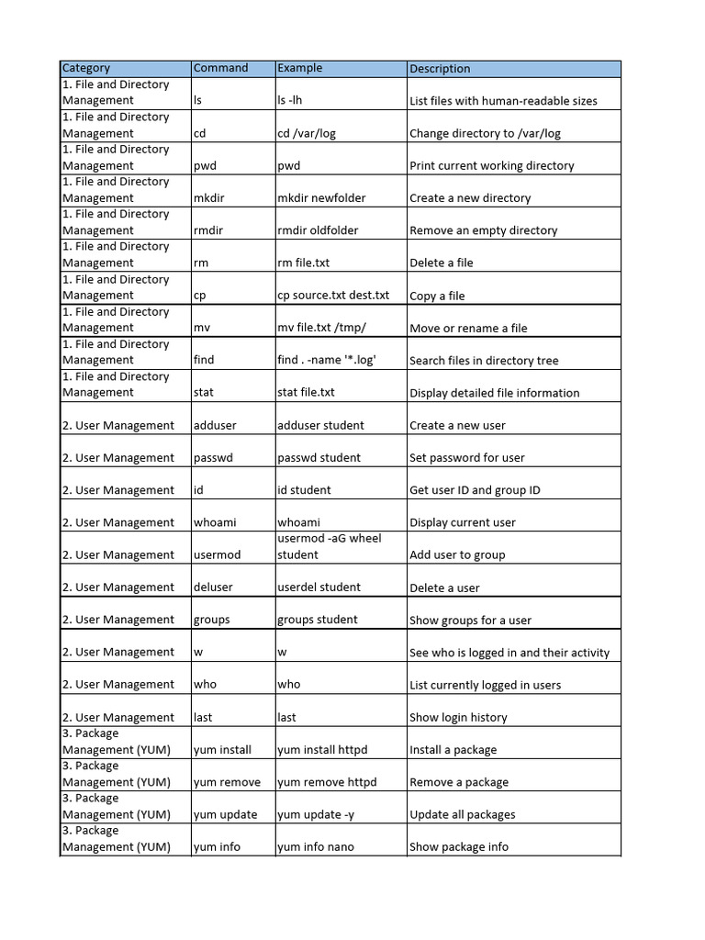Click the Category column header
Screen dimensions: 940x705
click(86, 68)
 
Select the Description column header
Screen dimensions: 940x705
click(440, 69)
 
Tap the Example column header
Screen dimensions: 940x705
click(300, 68)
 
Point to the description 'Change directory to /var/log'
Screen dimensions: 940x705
click(485, 133)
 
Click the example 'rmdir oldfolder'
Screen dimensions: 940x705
click(318, 230)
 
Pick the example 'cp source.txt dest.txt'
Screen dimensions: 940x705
click(333, 296)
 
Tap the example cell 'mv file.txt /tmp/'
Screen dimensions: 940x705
click(323, 328)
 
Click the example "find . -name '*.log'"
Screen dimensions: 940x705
click(327, 360)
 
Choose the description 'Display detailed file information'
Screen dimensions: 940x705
click(494, 393)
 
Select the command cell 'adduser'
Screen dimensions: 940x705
click(215, 425)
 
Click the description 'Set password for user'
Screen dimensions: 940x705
click(467, 458)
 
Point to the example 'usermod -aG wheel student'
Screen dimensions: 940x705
click(329, 546)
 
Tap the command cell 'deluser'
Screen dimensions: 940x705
click(213, 587)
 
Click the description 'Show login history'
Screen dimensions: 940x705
click(458, 718)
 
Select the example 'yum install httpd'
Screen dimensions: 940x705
click(322, 750)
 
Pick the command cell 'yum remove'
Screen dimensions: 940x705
click(227, 782)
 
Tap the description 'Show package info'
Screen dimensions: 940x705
click(459, 847)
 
